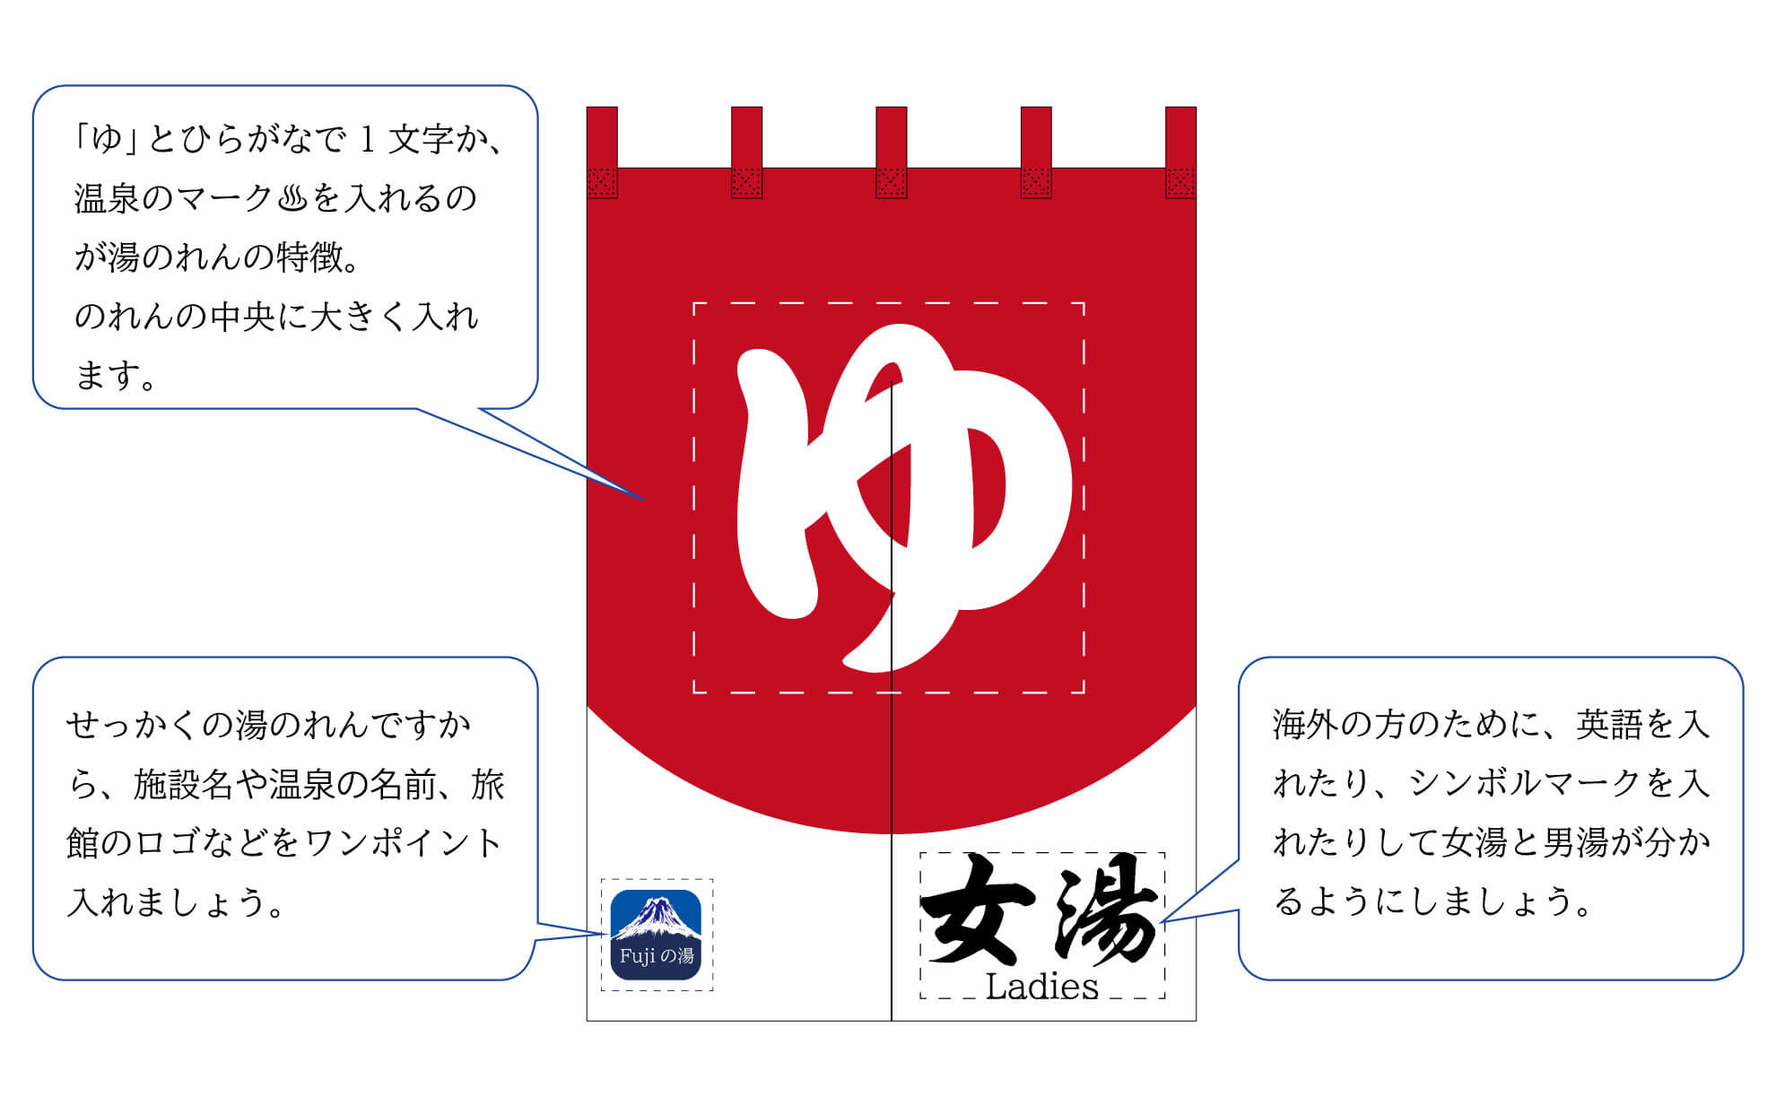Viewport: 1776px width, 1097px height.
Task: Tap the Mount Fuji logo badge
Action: tap(656, 934)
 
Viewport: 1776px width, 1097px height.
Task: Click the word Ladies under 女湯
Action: tap(1041, 987)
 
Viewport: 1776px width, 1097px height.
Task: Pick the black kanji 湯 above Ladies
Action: tap(1105, 910)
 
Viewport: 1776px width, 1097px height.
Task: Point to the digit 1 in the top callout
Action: tap(366, 140)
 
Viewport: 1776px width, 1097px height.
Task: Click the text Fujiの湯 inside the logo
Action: tap(656, 956)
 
